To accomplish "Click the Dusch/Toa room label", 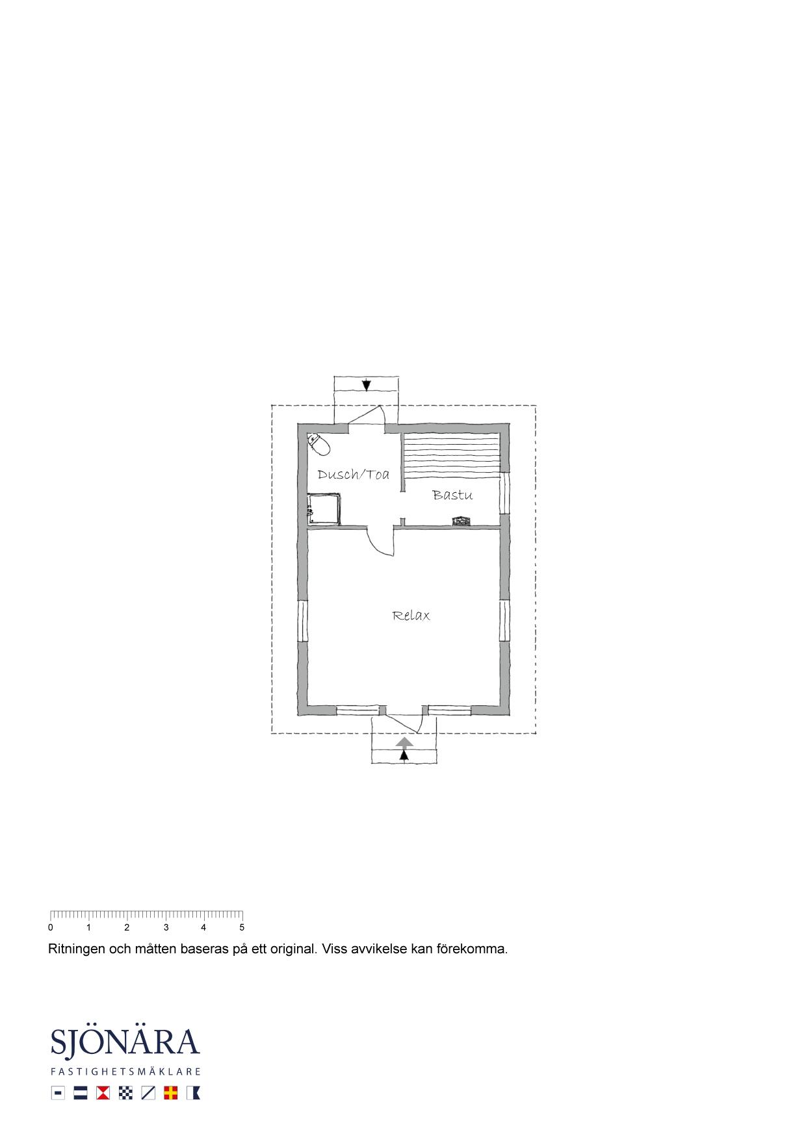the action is pos(354,475).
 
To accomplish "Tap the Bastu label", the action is pos(452,495).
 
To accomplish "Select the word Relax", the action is pos(411,616).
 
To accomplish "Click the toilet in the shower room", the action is pos(318,443).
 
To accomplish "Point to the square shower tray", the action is pos(324,508).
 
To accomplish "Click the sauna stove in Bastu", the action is pos(461,521).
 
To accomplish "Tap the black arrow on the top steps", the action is pos(367,385).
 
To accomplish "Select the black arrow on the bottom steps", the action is pos(404,755).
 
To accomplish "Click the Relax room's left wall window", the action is pos(302,621).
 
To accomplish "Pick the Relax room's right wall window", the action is pos(505,621).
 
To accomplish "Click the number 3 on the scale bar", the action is pos(166,928).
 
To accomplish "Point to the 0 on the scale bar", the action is pos(51,928).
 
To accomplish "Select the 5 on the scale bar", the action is pos(242,928).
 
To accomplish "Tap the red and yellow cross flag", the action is pos(171,1093).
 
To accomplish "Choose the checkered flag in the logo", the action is pos(126,1093).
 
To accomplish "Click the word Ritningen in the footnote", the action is pos(77,949).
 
